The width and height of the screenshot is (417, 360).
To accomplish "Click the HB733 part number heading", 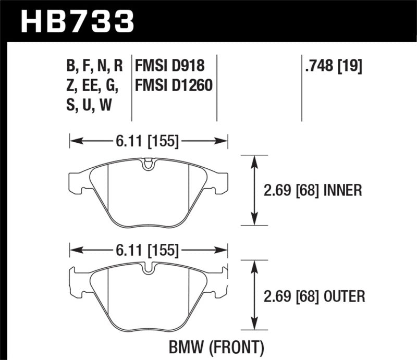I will coord(77,21).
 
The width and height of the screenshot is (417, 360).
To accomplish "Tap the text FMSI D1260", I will coord(174,84).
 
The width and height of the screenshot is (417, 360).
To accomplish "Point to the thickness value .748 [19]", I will coord(332,66).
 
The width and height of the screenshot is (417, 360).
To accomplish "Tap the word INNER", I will coord(341,191).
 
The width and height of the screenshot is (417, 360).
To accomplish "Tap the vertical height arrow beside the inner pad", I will coord(254,191).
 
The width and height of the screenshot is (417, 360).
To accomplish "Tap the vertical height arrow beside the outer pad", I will coord(254,296).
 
